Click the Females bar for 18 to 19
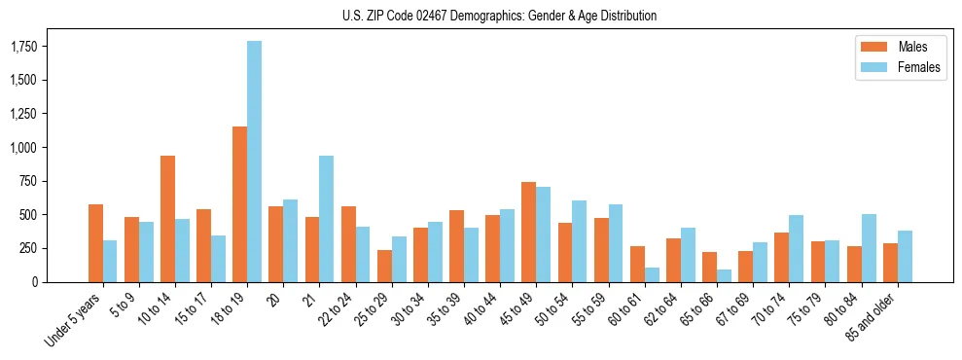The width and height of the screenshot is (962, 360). [254, 162]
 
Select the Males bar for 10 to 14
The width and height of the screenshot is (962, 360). [167, 219]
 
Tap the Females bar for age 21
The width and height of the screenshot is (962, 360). [326, 219]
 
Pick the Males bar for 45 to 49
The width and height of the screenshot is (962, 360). [528, 233]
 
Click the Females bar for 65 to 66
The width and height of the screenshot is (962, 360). [724, 276]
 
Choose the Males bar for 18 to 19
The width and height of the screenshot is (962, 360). [239, 204]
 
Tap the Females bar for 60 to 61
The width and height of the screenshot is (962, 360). [652, 275]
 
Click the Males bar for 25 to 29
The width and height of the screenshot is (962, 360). [384, 267]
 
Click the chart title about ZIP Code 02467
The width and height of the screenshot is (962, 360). [499, 16]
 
